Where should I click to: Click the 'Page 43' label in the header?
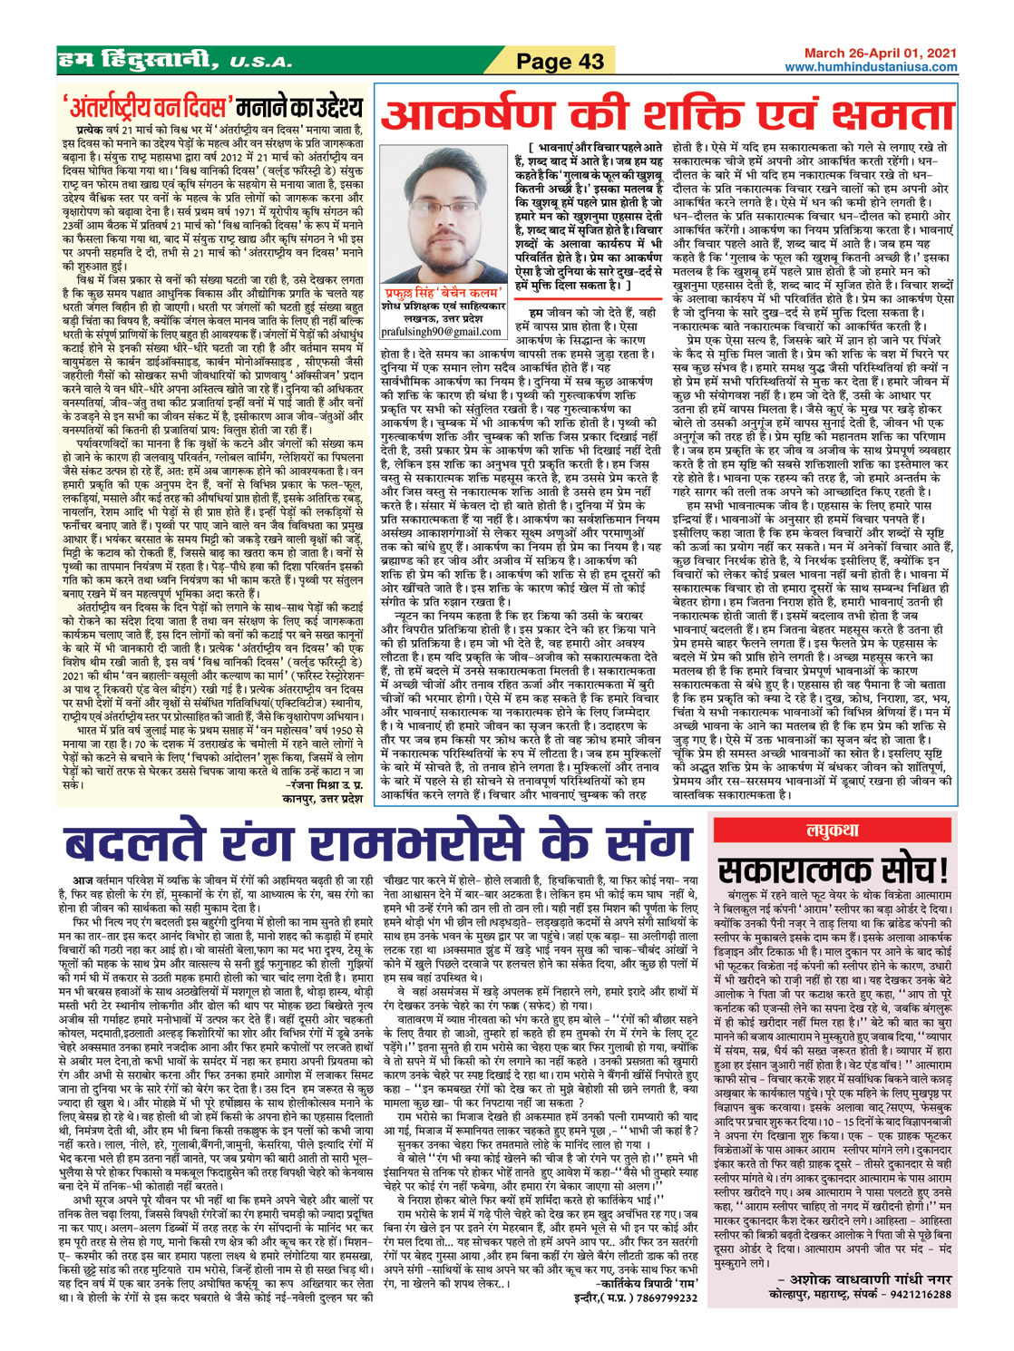click(x=560, y=62)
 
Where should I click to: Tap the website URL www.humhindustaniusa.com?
click(x=871, y=68)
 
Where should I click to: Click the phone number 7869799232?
click(x=667, y=1298)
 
